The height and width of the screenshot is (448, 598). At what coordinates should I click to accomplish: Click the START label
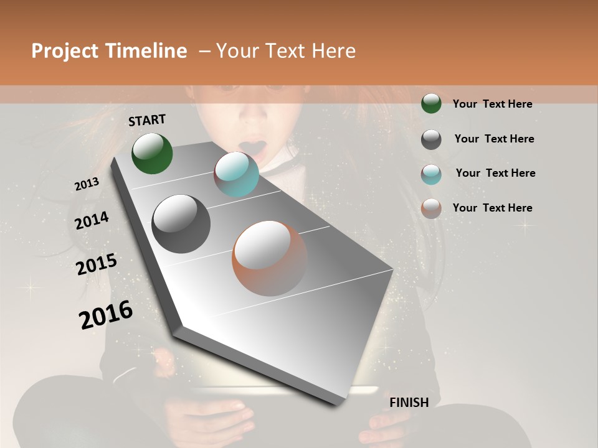147,120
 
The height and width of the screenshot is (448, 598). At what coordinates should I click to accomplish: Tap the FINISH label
409,403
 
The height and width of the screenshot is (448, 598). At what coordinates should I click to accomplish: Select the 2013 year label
87,184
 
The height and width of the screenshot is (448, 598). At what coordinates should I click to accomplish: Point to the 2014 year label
92,221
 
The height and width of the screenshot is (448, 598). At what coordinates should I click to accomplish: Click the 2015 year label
96,264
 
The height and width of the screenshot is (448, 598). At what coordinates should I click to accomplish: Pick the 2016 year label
106,315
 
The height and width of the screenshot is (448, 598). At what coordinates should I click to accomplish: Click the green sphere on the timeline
152,153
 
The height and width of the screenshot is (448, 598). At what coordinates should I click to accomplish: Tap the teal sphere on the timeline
236,174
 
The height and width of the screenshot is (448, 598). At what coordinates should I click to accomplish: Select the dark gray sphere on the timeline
181,224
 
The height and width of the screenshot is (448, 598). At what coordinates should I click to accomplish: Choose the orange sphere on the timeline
270,258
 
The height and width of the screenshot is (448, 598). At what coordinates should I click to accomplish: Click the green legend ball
431,104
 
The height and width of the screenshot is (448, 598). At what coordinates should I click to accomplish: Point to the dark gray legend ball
431,139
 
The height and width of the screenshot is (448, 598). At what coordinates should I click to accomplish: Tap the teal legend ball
431,174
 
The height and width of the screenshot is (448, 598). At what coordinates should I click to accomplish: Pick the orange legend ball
431,208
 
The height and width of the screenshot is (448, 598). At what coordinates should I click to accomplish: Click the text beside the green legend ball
492,104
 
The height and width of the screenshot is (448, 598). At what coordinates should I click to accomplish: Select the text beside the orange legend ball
492,208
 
